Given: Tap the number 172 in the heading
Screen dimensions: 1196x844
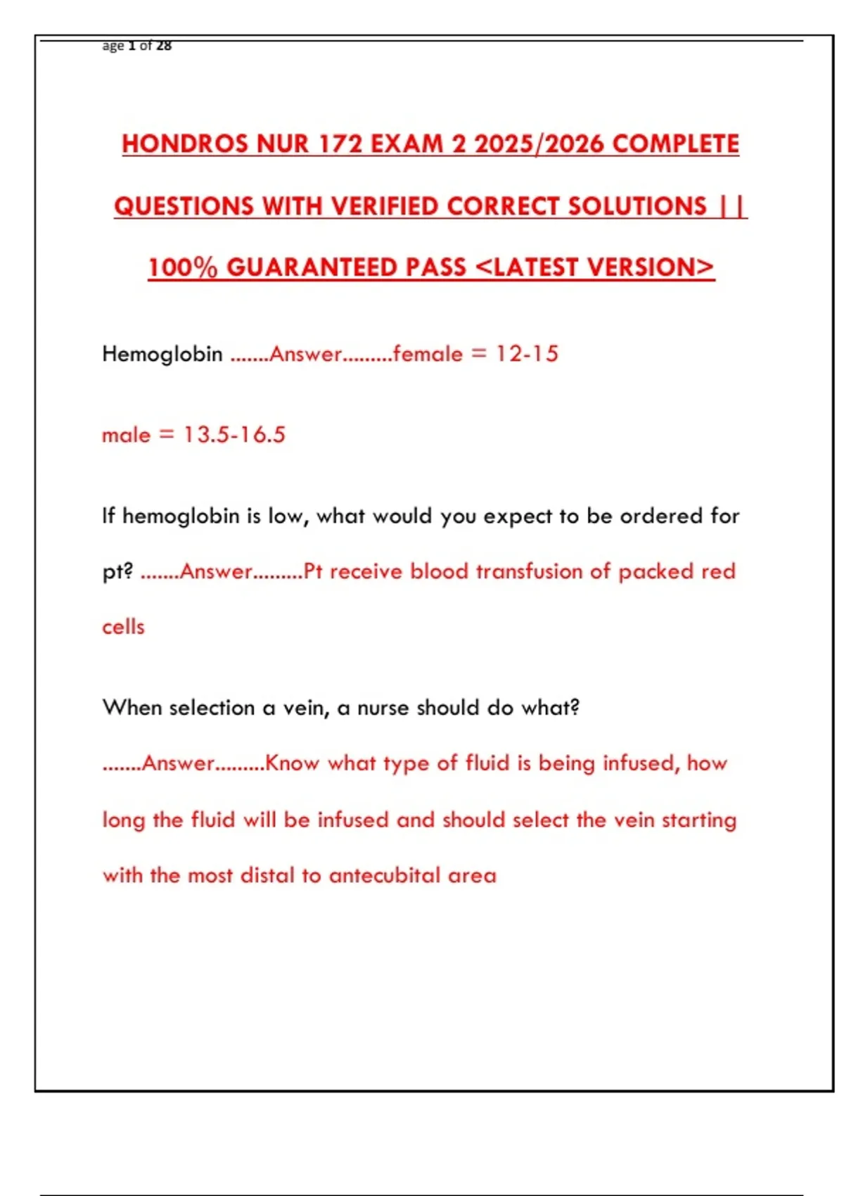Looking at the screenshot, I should point(340,144).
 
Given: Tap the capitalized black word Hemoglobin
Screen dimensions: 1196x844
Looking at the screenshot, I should point(162,354).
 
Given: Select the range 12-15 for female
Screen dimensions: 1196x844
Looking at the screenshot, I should point(527,354).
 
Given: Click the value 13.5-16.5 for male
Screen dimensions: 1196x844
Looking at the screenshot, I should point(234,435).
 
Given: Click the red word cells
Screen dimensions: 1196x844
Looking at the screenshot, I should point(123,627).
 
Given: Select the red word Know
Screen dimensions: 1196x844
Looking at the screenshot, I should point(292,763).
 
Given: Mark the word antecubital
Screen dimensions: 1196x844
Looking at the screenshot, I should point(384,876).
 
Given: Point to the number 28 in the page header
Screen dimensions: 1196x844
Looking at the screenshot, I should point(164,46).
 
